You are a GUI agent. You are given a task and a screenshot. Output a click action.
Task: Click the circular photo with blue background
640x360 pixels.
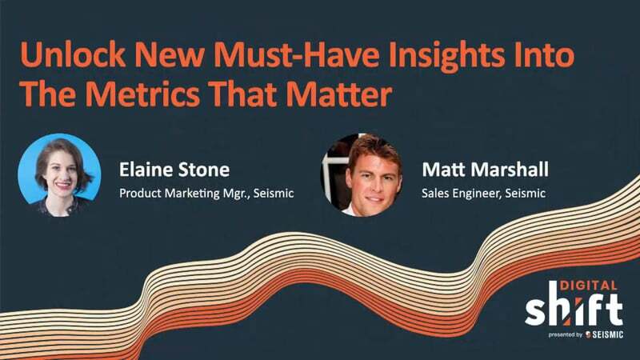tap(59, 174)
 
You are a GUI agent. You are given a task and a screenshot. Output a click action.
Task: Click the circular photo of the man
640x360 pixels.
tap(362, 174)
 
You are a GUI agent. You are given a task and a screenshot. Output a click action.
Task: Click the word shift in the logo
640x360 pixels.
tap(573, 309)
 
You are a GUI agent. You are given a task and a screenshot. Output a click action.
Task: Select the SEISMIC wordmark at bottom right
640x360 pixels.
tap(607, 334)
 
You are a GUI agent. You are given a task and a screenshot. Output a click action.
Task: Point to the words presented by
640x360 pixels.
tap(564, 334)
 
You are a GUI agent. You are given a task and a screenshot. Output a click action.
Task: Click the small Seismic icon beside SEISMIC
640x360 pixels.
tap(588, 334)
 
